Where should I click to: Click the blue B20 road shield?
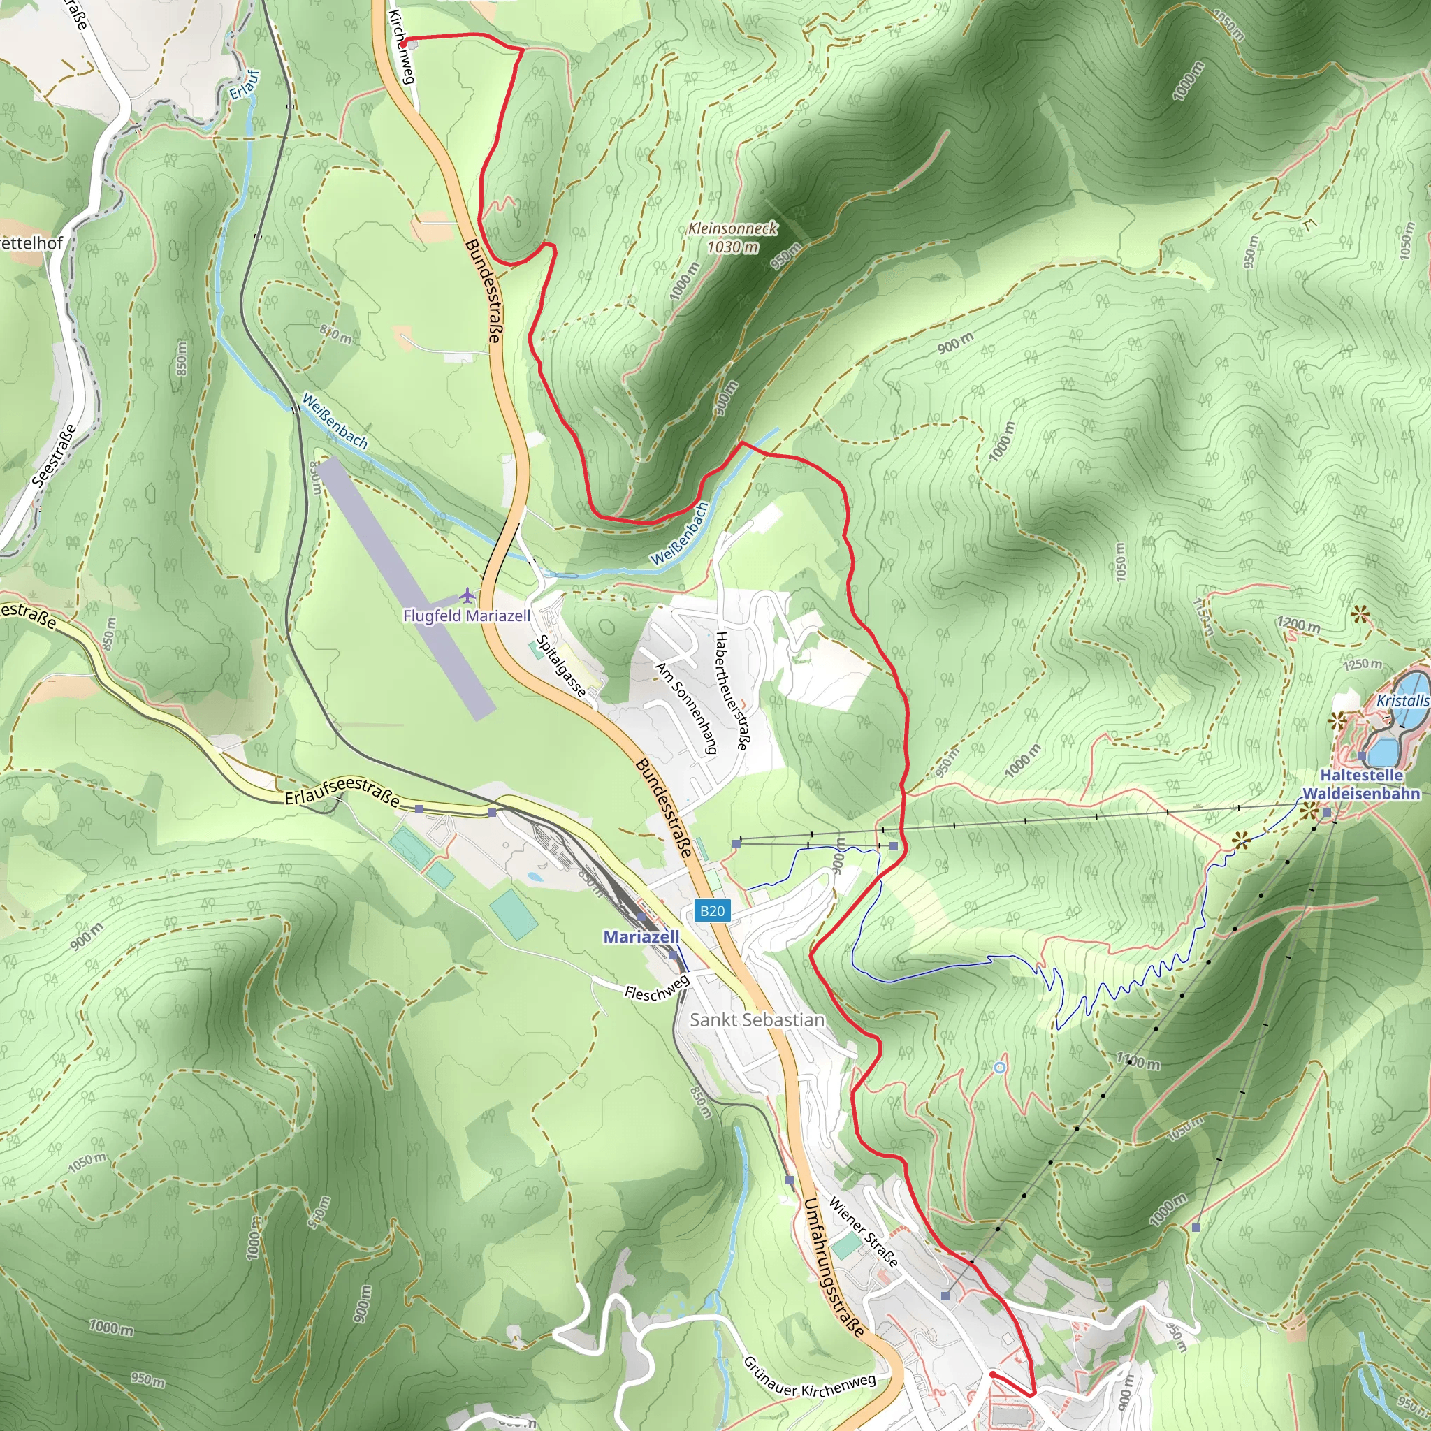point(712,910)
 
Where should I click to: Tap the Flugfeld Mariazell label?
point(467,616)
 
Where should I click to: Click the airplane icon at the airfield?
point(467,595)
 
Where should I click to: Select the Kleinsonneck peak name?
point(732,228)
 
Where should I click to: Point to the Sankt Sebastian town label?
point(757,1020)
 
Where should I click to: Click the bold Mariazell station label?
point(641,936)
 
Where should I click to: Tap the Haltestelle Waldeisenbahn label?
point(1361,785)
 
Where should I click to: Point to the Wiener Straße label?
point(863,1232)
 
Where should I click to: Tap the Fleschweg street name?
point(656,988)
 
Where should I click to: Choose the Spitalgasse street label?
point(560,666)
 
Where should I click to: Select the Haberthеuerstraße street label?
point(730,690)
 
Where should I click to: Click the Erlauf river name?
point(245,85)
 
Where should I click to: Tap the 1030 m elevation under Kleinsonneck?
point(732,247)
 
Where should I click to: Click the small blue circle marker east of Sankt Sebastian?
point(1000,1068)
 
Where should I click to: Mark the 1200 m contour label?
point(1298,625)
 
